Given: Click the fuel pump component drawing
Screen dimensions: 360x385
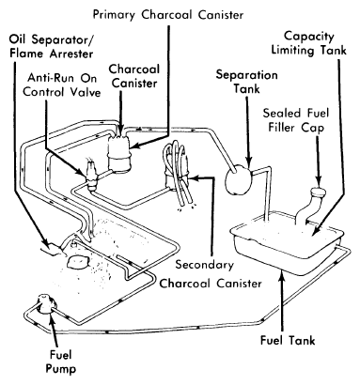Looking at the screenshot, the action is point(46,303).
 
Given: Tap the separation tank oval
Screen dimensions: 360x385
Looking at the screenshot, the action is point(238,178).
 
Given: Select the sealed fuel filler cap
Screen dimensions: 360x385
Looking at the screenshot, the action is point(319,192).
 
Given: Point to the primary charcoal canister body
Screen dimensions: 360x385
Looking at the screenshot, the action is point(119,154).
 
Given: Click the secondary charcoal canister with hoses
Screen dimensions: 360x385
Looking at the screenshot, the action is point(177,176).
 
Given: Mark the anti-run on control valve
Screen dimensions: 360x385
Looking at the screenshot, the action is point(92,176).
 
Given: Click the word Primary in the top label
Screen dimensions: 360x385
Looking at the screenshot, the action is point(115,15).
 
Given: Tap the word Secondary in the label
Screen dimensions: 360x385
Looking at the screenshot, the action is point(204,265).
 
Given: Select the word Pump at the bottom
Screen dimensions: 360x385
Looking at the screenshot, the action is point(61,368).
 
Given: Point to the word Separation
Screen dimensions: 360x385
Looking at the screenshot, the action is point(247,75).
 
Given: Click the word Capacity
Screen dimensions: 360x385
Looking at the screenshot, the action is point(309,37).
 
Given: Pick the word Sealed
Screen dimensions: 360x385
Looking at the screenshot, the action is point(278,113).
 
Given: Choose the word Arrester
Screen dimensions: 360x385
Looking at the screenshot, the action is point(71,54).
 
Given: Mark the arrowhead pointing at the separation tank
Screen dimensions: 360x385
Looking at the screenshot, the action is point(249,163).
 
